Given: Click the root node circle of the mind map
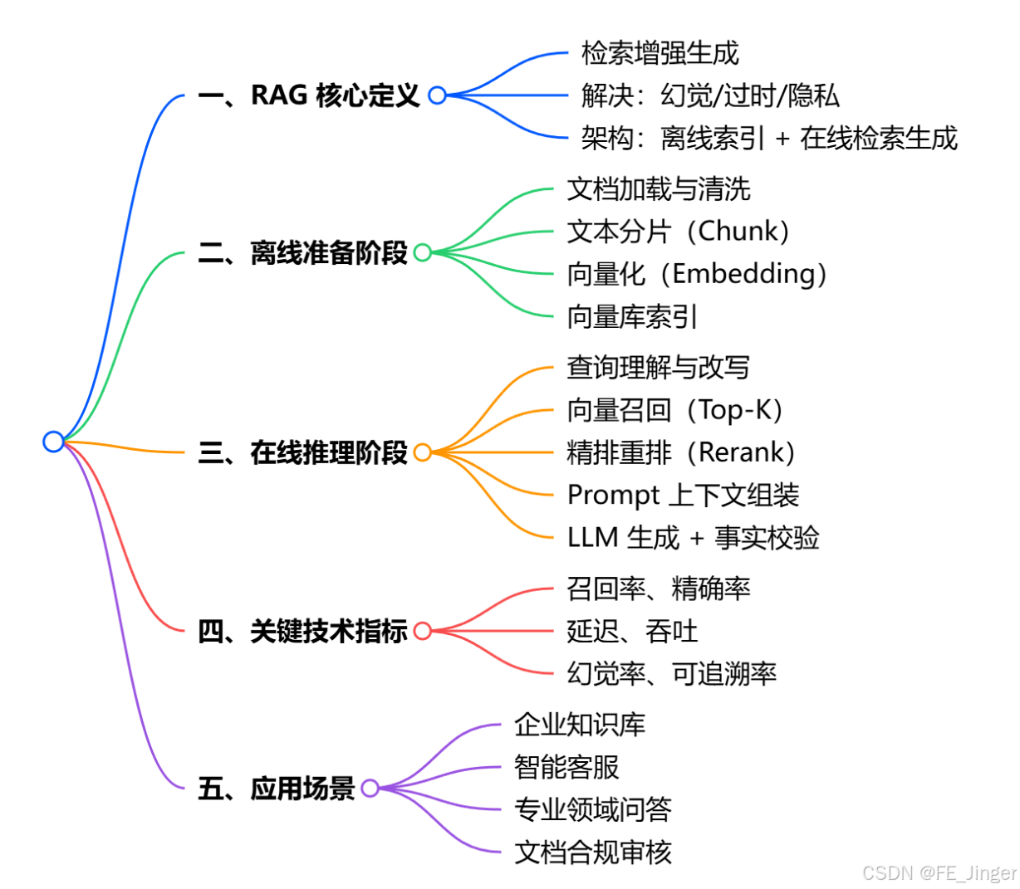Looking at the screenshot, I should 53,442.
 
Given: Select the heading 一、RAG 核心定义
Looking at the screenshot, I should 309,95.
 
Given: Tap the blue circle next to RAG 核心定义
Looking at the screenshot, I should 437,95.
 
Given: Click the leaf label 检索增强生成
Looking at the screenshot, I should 660,53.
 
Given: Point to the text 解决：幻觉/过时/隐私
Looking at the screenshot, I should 710,95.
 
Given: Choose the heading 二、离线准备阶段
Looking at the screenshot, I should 303,252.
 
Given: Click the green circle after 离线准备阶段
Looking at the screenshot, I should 422,252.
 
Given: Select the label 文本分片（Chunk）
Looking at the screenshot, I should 678,232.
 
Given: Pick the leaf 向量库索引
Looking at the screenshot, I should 632,316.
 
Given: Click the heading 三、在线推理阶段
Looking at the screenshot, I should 303,453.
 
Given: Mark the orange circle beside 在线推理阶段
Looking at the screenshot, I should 422,452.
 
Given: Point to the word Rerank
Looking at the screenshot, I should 741,452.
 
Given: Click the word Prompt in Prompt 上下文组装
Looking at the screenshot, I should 613,496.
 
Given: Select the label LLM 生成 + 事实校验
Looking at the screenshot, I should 693,538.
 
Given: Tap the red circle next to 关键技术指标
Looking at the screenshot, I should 422,631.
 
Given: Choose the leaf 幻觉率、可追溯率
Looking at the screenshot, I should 671,673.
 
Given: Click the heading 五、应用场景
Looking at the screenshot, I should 277,788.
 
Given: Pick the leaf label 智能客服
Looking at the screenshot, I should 566,767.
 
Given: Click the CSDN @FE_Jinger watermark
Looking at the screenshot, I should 939,872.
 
